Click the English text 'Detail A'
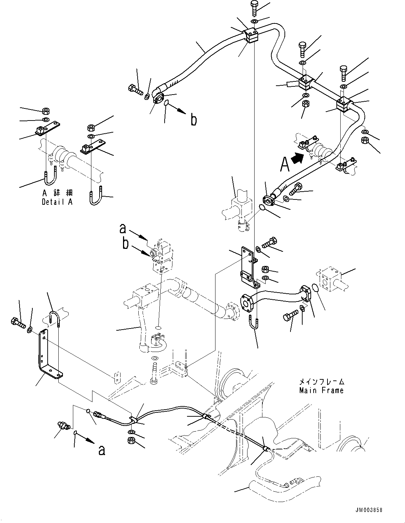point(57,202)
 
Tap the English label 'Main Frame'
point(321,390)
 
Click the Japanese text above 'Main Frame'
point(321,382)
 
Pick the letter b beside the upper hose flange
point(193,120)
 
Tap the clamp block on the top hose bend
point(252,37)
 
